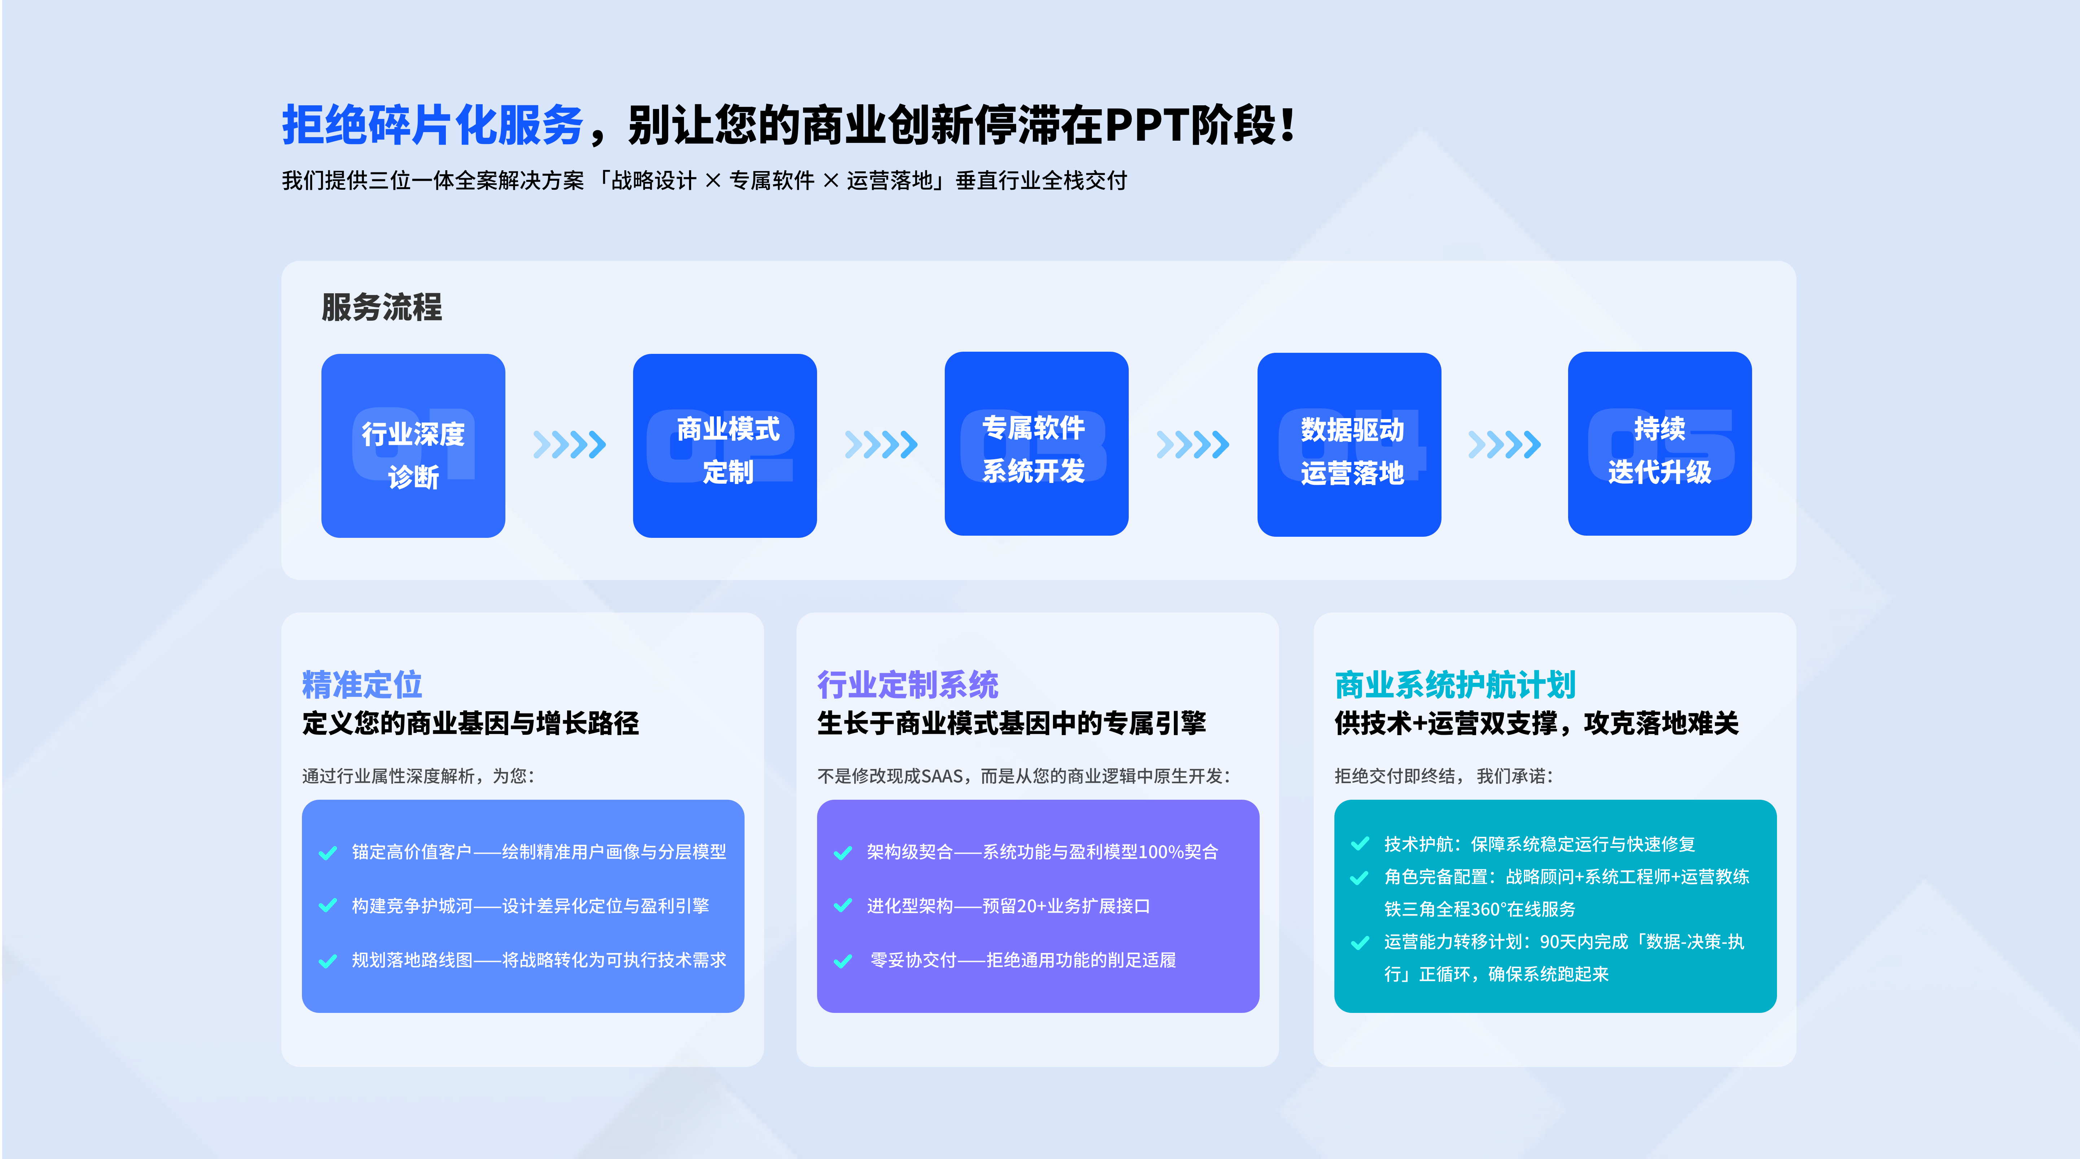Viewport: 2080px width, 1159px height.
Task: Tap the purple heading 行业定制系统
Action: tap(908, 685)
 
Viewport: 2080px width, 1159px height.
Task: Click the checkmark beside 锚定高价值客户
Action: tap(328, 853)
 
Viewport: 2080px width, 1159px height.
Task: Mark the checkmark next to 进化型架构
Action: tap(843, 906)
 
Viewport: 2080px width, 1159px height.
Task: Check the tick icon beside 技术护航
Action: tap(1360, 844)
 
